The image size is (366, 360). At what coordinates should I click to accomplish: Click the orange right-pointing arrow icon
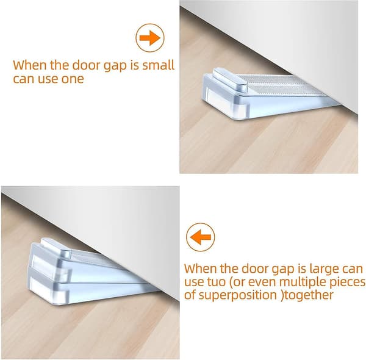pos(150,38)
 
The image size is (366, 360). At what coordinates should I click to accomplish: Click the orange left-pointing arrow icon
pos(200,237)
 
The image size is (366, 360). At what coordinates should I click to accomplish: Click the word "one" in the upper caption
pos(73,79)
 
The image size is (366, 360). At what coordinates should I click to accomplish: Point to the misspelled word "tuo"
pos(217,282)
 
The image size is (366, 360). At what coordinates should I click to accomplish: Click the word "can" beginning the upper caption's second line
pos(24,79)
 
